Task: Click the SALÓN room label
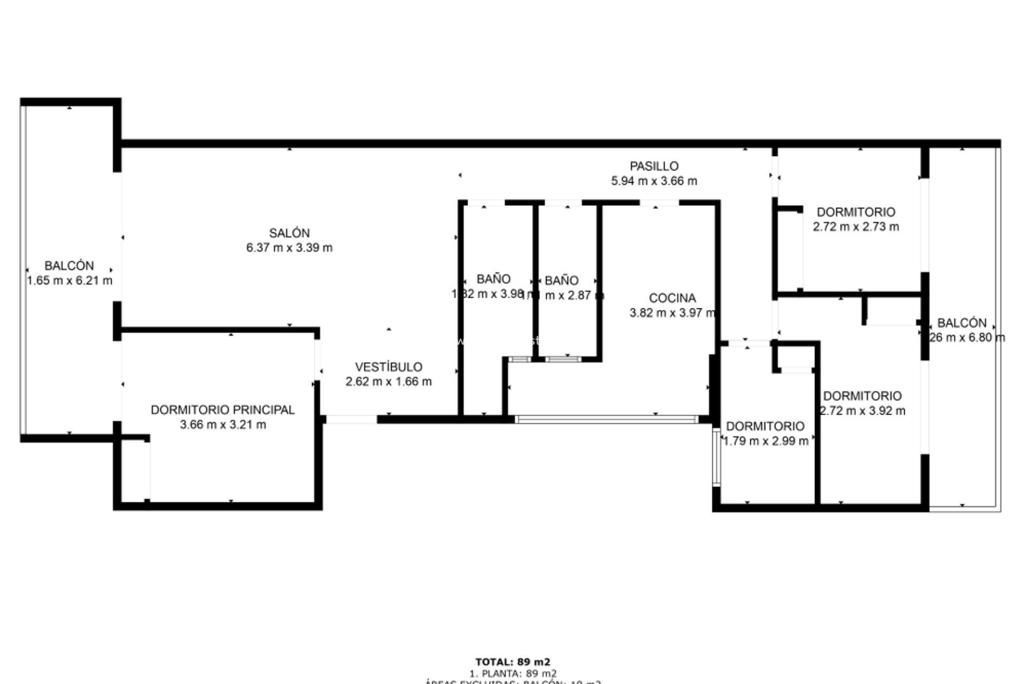[289, 233]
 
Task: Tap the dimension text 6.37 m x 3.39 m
[289, 248]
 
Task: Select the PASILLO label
[654, 166]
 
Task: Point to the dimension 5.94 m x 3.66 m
[654, 181]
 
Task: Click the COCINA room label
[672, 298]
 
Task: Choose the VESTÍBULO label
[388, 367]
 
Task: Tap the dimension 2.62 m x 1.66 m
[388, 382]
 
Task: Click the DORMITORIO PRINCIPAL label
[222, 410]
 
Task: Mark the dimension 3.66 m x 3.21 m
[222, 425]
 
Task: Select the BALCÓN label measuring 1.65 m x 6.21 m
[69, 266]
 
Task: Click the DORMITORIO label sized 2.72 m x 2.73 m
[856, 212]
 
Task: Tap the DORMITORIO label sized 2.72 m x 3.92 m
[862, 396]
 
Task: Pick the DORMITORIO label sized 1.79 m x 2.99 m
[765, 426]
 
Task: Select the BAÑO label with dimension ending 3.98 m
[493, 279]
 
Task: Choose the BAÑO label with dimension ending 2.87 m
[561, 281]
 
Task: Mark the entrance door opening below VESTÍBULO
[351, 420]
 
